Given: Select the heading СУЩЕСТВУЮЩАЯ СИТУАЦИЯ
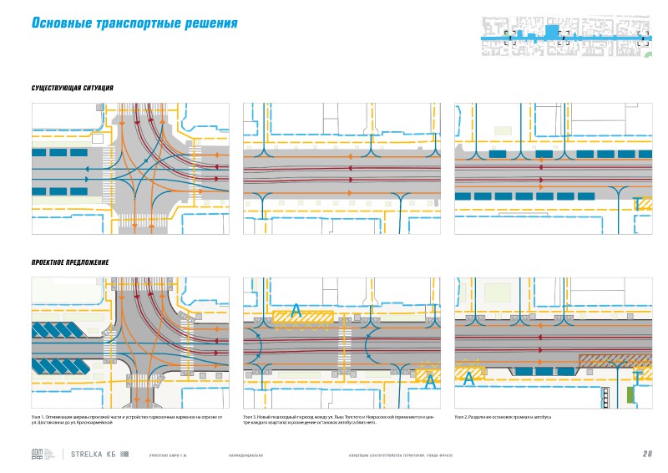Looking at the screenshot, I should coord(72,89).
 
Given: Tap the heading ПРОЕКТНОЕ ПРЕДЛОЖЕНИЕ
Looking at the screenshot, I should coord(70,262).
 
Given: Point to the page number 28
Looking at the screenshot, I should coord(647,455).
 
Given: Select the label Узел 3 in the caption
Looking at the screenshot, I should coord(250,416).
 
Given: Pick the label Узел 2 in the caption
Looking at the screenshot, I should coord(463,416).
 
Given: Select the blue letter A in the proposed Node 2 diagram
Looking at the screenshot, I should coord(469,378).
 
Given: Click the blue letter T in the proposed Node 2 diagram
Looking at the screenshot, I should coord(635,376).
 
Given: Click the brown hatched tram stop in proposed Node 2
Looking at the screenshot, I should coord(615,360).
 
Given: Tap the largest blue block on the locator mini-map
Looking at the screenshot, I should coord(551,33).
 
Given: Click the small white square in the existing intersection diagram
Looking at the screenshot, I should coord(98,140).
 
